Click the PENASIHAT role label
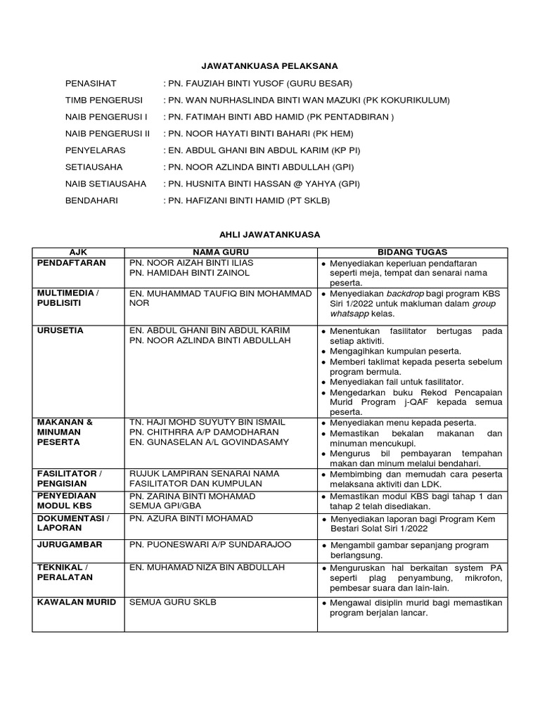89,83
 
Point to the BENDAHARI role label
92,200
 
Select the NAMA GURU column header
220,252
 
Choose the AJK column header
77,252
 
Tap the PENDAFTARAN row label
72,262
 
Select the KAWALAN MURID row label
77,602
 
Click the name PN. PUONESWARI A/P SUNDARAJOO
209,544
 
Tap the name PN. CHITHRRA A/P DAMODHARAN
204,432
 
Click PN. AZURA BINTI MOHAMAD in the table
190,518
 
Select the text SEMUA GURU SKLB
172,602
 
